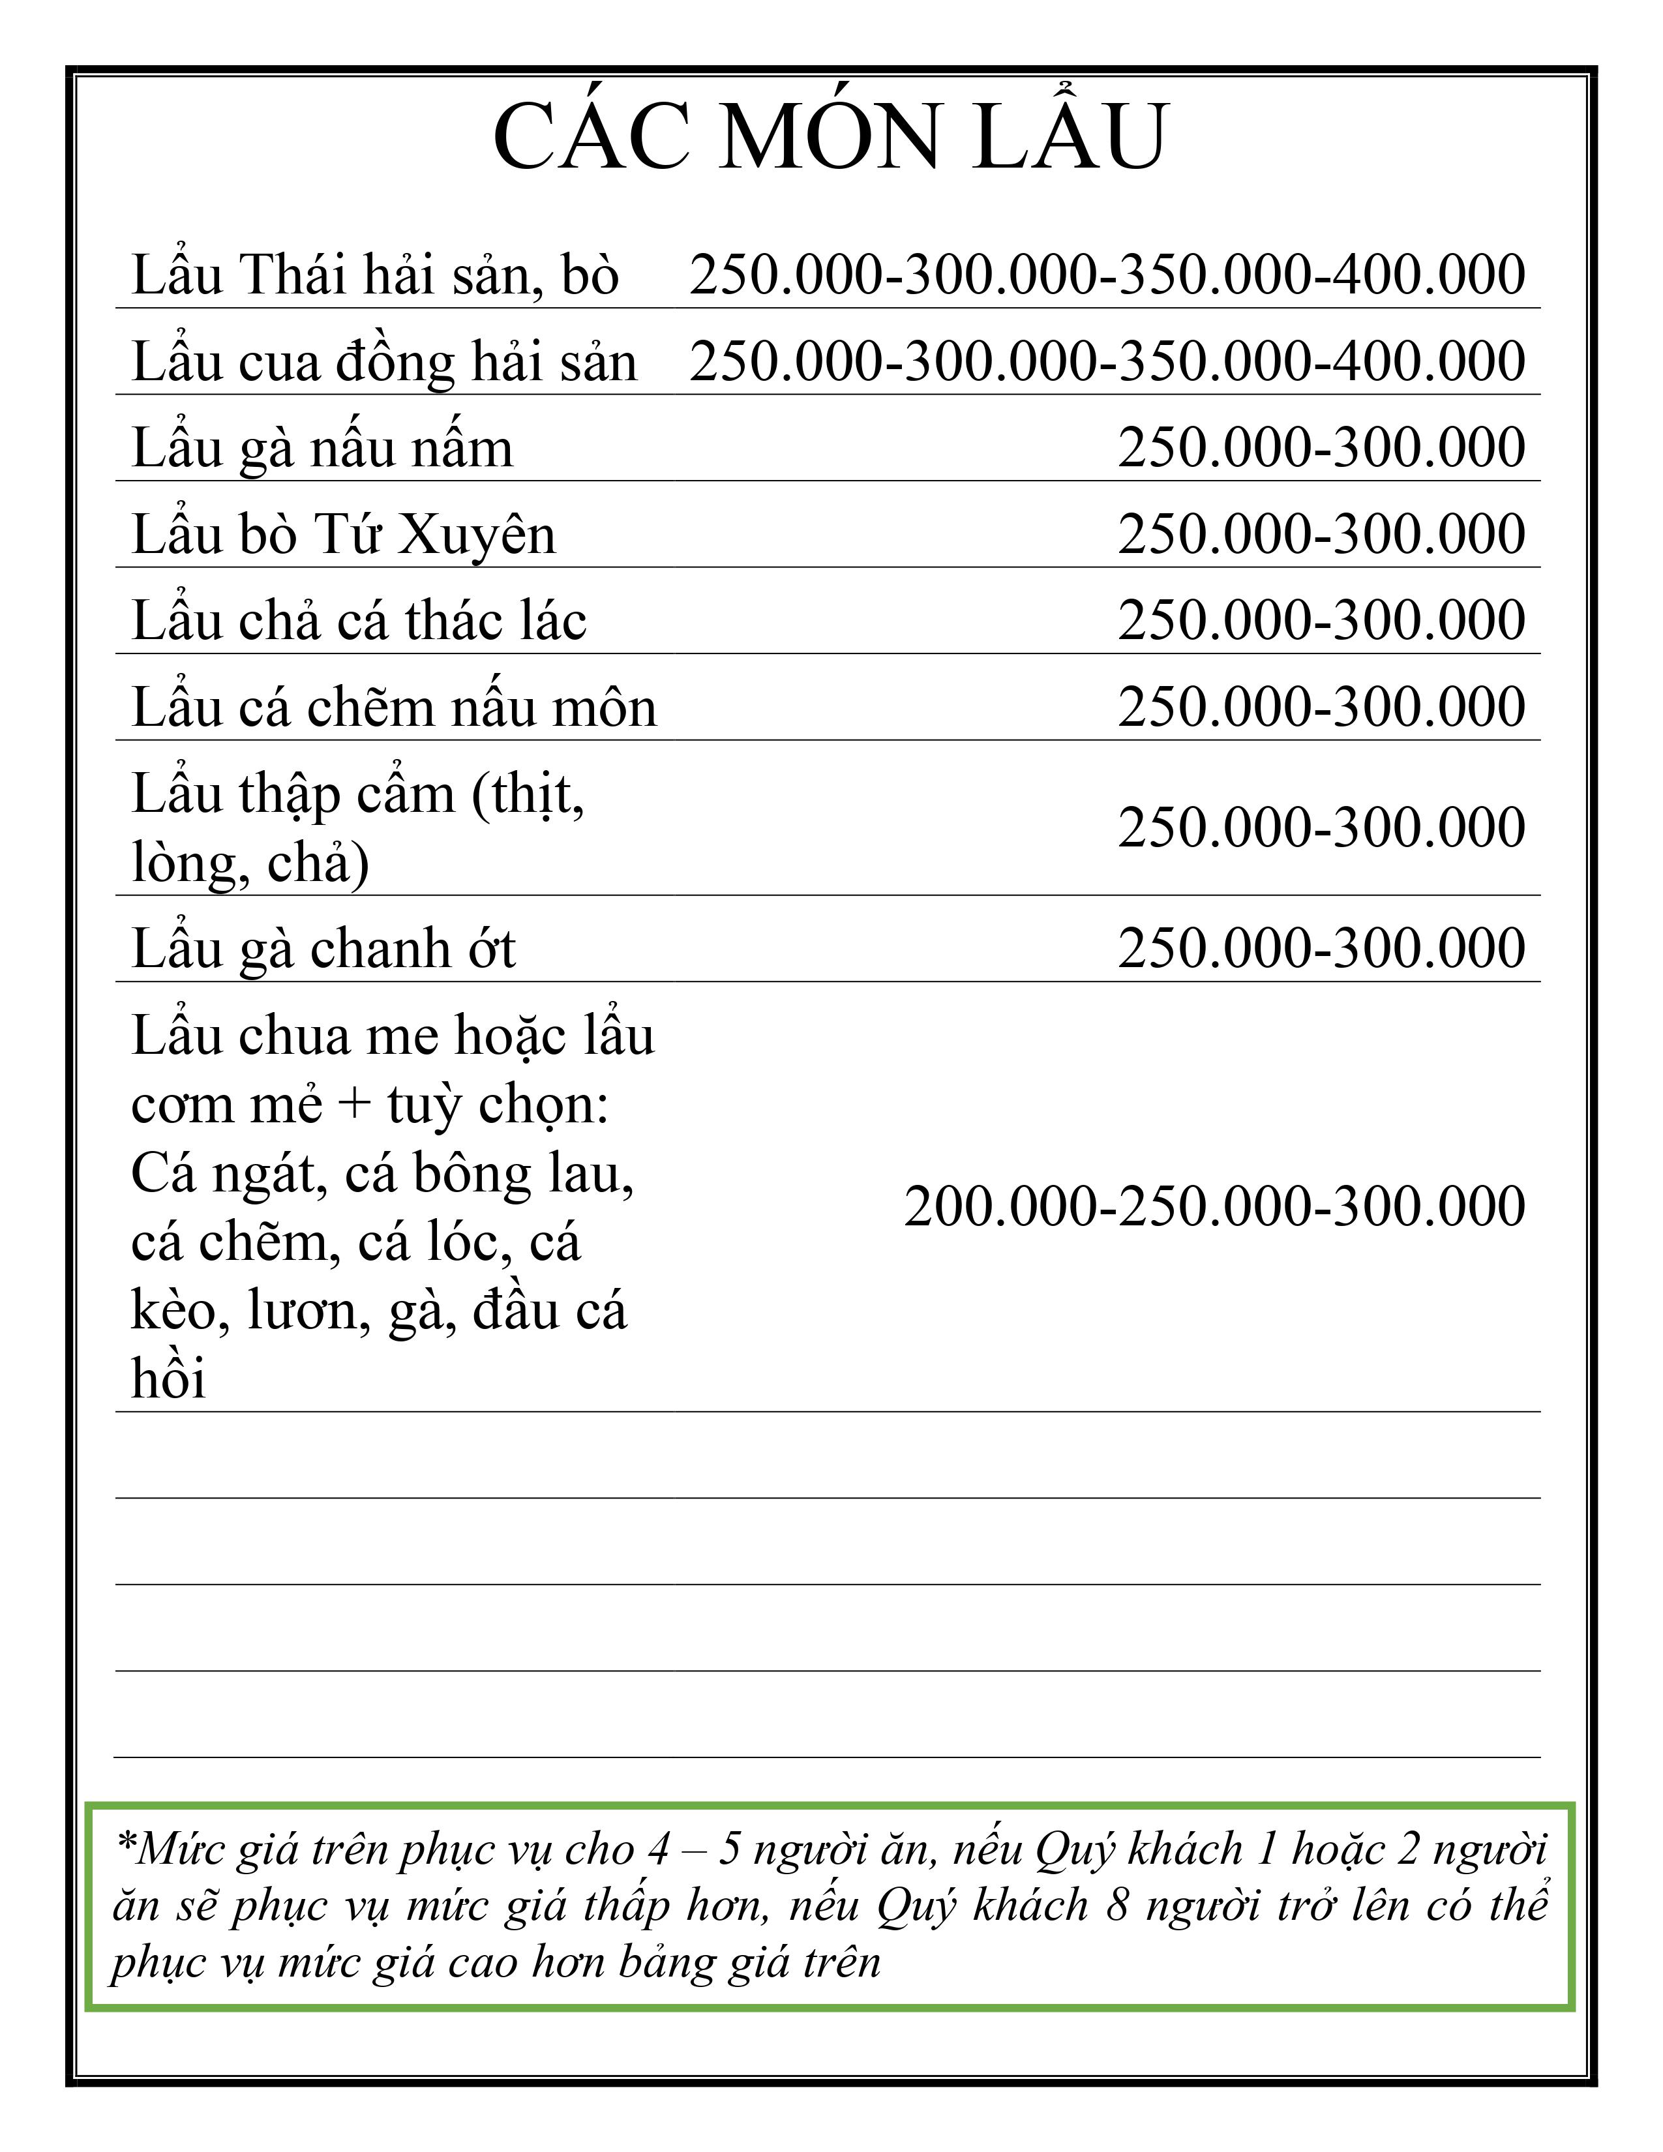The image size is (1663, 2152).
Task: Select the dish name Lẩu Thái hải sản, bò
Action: tap(374, 275)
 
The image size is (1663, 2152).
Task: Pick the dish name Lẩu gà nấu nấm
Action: tap(322, 449)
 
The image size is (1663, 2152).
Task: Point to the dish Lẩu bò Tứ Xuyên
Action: tap(344, 535)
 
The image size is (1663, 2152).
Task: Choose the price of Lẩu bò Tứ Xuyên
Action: tap(1321, 534)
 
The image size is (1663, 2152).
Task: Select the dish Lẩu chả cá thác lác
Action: tap(359, 621)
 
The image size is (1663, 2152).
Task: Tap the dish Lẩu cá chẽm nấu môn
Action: tap(394, 708)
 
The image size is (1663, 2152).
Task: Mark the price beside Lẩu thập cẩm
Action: tap(1321, 827)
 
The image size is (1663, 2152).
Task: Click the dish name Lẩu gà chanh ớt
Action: tap(323, 949)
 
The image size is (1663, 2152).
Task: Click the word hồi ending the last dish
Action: tap(168, 1377)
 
